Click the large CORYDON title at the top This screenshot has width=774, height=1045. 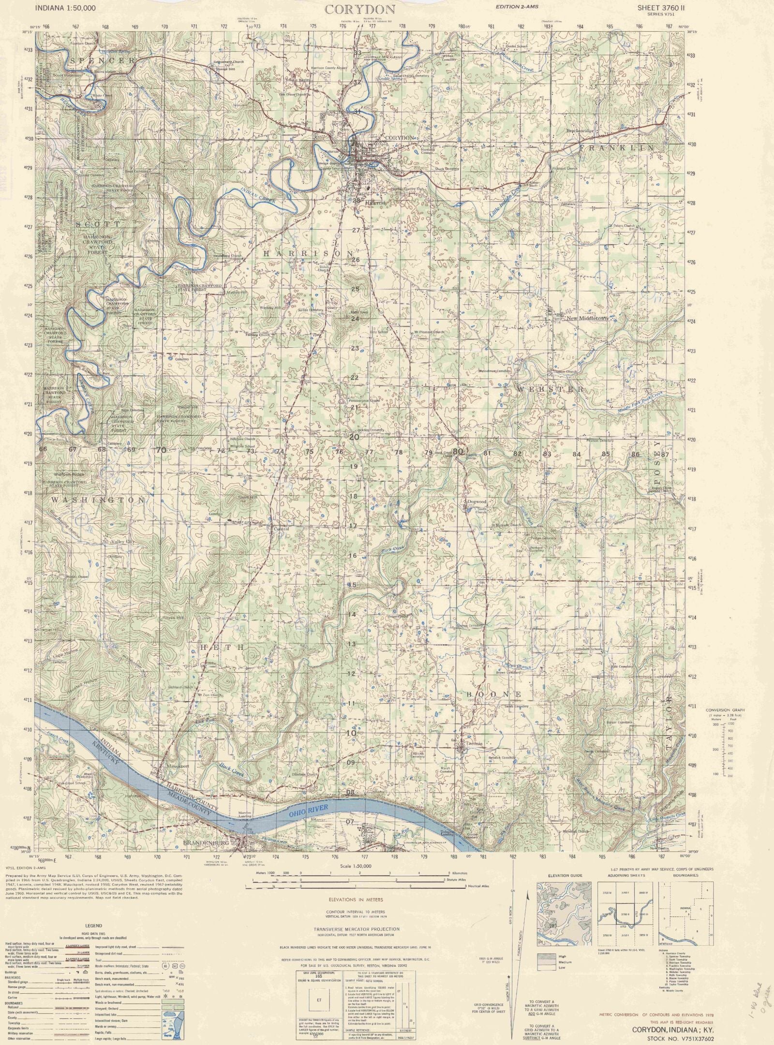pos(360,9)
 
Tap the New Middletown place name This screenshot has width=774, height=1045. pos(586,319)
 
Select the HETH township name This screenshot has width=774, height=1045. pos(223,647)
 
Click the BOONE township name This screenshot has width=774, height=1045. pos(494,694)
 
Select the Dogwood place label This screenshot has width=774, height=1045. pos(476,501)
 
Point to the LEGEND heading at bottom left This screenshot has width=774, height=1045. pos(93,926)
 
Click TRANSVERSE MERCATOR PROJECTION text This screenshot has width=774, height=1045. pos(356,929)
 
